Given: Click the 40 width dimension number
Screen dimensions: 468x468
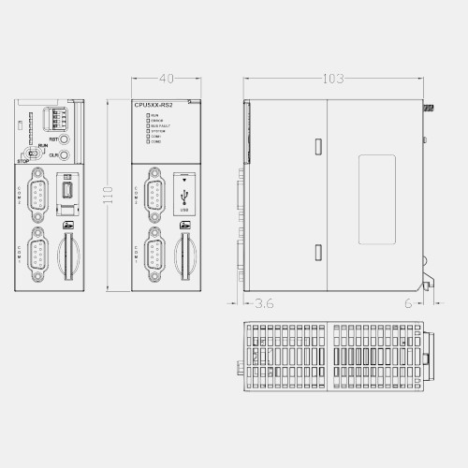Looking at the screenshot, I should pyautogui.click(x=168, y=79).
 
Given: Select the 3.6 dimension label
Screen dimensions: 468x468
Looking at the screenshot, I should pyautogui.click(x=264, y=303).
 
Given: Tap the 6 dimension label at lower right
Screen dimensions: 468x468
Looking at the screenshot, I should pyautogui.click(x=408, y=303).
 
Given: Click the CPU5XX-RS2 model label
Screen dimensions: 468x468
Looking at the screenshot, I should pyautogui.click(x=154, y=105).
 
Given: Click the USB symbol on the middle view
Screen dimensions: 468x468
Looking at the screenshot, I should pyautogui.click(x=183, y=196).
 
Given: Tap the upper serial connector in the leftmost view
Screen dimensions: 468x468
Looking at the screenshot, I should pyautogui.click(x=38, y=196).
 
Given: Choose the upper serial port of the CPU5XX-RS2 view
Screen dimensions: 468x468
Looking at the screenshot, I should pyautogui.click(x=154, y=196).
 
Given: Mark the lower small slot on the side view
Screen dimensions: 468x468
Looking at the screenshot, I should pyautogui.click(x=319, y=252).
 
